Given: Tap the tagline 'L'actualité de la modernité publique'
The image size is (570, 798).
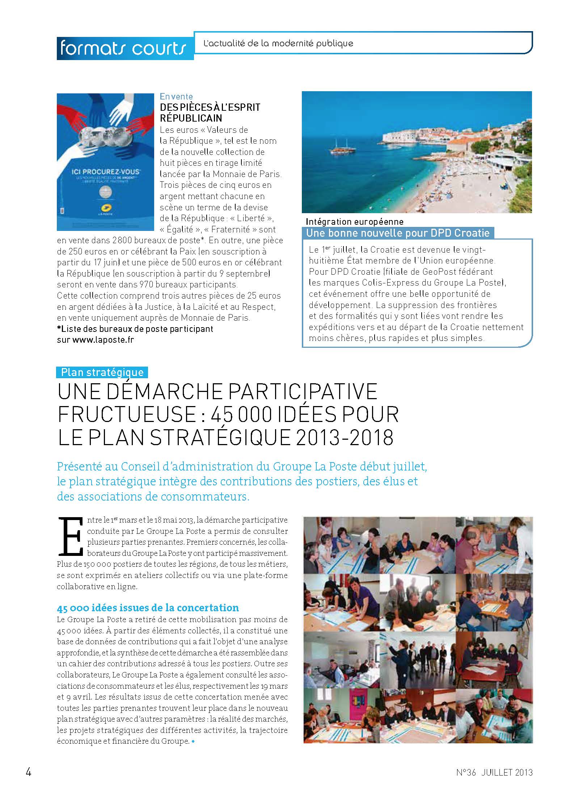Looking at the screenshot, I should tap(278, 43).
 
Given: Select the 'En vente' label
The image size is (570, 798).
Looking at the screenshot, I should tap(176, 97).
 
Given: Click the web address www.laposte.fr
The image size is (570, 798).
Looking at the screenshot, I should tap(103, 340).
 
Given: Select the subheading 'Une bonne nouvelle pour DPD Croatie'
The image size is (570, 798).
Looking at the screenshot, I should tap(398, 233).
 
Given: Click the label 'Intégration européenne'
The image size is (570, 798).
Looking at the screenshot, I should tap(355, 221).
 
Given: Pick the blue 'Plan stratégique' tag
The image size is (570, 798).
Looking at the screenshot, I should tap(102, 372).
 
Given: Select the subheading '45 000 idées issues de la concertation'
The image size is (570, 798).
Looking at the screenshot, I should tap(148, 608).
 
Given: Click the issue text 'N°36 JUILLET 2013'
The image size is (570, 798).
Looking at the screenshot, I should tap(494, 772).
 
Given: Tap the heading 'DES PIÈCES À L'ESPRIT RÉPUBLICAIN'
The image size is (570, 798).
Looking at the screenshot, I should tap(210, 113).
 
